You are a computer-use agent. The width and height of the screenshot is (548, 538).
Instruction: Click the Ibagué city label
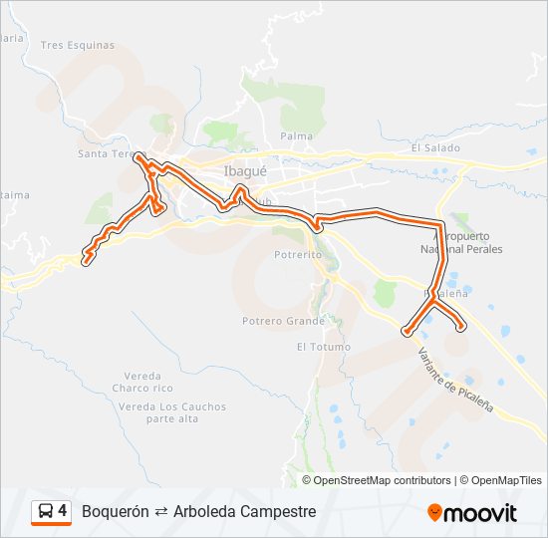pos(245,170)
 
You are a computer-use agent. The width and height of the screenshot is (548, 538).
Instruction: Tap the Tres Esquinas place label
pos(78,45)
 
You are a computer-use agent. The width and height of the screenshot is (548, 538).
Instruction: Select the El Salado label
pos(435,148)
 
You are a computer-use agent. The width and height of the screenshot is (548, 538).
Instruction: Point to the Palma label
pos(296,135)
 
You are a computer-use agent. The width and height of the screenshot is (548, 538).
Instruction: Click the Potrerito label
pos(297,254)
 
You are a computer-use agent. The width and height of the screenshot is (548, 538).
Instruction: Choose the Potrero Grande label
pos(283,321)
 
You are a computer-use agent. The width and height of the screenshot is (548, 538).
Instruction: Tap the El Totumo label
pos(323,347)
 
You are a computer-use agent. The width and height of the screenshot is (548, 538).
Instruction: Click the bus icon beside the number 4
pos(46,511)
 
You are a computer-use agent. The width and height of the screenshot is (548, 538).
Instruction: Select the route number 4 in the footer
pos(63,511)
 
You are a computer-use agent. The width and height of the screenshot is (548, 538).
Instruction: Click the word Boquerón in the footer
pos(116,511)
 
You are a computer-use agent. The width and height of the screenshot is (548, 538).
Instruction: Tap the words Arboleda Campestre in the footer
pos(244,511)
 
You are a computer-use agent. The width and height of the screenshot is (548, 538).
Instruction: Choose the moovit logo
pos(472,512)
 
